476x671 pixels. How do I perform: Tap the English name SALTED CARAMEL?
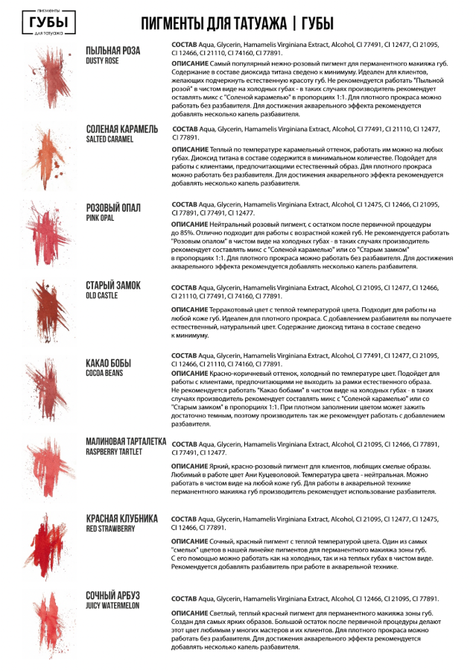point(110,139)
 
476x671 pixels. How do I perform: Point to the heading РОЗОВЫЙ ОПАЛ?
point(113,207)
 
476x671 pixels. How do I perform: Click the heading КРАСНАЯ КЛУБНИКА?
point(122,518)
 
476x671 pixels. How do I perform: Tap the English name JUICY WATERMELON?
point(112,605)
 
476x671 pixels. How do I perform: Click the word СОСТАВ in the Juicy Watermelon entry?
point(185,599)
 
